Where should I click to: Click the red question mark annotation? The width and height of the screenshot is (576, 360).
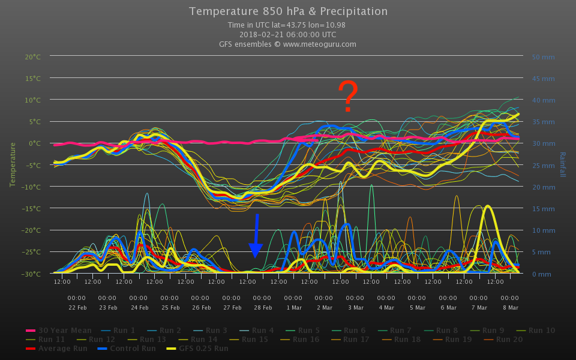click(x=348, y=97)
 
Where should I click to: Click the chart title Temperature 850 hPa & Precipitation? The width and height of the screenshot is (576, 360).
click(x=288, y=11)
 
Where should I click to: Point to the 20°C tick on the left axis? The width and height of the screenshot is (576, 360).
click(x=32, y=57)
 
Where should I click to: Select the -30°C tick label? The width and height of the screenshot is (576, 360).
click(x=32, y=274)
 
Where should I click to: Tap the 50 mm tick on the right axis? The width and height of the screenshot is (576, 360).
click(x=543, y=57)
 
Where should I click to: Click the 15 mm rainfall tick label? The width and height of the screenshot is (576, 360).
click(x=543, y=209)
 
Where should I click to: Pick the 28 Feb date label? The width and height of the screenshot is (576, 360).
click(x=262, y=307)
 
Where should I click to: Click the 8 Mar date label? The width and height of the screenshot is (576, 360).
click(x=509, y=307)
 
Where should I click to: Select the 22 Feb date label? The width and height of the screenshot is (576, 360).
click(x=76, y=307)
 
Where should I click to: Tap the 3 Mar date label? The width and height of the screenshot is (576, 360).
click(x=355, y=307)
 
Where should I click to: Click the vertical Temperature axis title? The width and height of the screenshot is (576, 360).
click(x=12, y=164)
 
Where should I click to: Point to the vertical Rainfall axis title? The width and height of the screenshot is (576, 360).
click(x=563, y=164)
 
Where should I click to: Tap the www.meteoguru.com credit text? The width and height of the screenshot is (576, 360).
click(x=320, y=44)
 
